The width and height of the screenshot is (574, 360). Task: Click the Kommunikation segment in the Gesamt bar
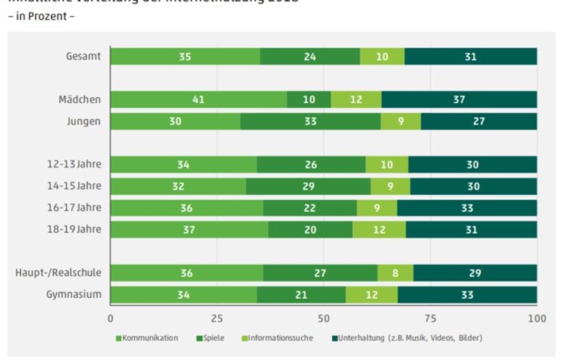pos(185,56)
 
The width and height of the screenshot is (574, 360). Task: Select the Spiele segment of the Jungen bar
pos(310,121)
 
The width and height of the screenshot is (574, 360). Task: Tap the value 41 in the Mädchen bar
pos(198,100)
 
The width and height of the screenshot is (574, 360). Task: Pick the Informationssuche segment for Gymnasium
pos(372,295)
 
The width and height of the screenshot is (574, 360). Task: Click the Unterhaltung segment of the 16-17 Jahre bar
pos(467,208)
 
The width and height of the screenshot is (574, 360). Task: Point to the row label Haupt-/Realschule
pos(58,273)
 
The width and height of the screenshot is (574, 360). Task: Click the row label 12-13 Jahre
pos(72,164)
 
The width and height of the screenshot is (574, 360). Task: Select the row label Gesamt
pos(84,56)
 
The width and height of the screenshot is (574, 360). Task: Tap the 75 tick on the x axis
pos(430,318)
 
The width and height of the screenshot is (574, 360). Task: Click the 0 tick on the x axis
pos(110,318)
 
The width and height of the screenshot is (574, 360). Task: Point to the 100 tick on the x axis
pos(536,318)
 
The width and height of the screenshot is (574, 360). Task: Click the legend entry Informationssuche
pos(277,338)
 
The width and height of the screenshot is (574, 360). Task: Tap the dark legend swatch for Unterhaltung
pos(334,338)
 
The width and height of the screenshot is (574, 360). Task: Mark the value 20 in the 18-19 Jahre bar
pos(310,229)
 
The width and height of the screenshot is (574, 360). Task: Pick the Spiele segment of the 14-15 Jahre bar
pos(308,186)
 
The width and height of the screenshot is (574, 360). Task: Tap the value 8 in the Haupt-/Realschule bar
pos(395,273)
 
